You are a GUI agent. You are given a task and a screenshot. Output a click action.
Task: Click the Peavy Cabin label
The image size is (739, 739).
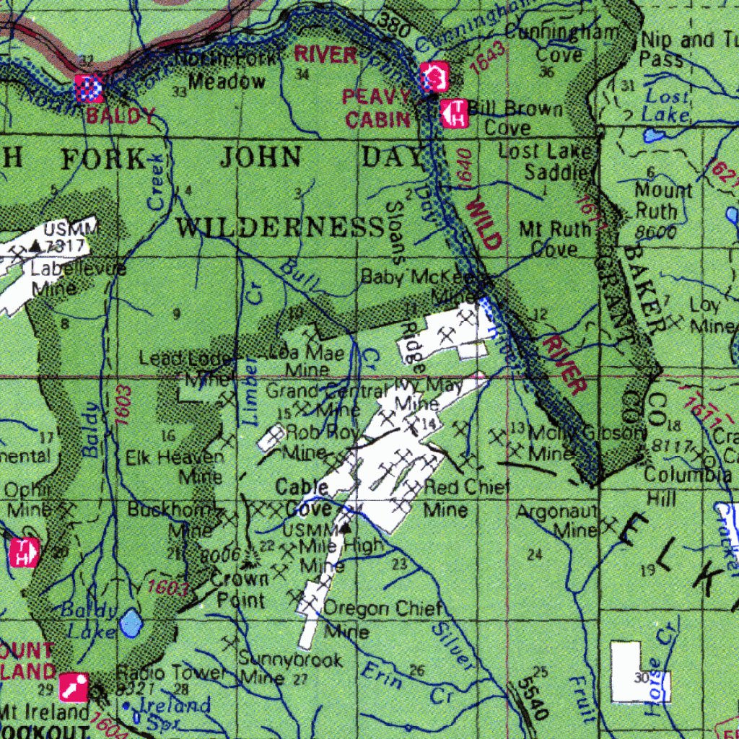coord(377,108)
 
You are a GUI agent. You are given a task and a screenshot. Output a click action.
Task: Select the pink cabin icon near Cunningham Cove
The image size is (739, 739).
coord(435,76)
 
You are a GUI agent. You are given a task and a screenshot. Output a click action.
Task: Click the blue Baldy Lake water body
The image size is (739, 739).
coord(131,623)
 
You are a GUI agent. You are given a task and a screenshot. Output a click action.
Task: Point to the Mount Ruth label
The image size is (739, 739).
coord(663,201)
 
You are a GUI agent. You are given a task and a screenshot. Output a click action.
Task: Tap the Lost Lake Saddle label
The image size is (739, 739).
coord(546,162)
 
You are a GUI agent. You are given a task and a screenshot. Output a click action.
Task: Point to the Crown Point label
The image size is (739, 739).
coord(240,589)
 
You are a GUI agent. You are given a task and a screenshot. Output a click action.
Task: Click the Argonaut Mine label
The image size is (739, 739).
coord(557,520)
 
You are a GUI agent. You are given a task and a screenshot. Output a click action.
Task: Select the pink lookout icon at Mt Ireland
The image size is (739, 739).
coord(74,686)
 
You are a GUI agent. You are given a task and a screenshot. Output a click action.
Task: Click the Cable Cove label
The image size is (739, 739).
coord(302,498)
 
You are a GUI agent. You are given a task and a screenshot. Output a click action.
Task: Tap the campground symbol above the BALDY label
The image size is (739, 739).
coord(90,89)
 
